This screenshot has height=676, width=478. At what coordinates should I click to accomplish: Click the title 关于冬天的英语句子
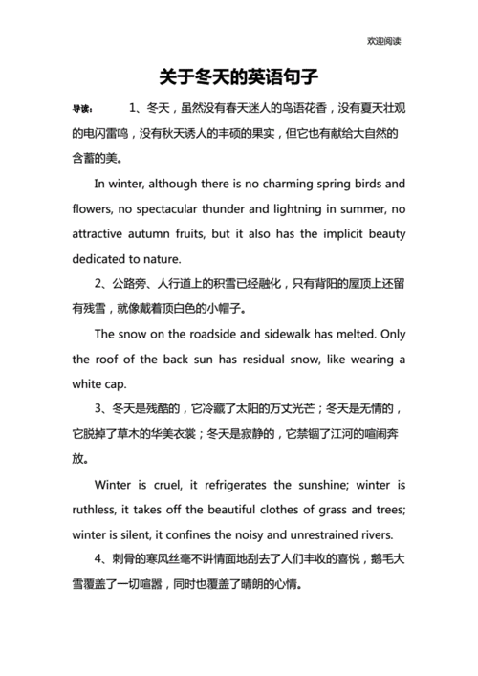tap(238, 75)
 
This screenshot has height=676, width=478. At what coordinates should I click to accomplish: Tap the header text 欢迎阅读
tap(383, 41)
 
